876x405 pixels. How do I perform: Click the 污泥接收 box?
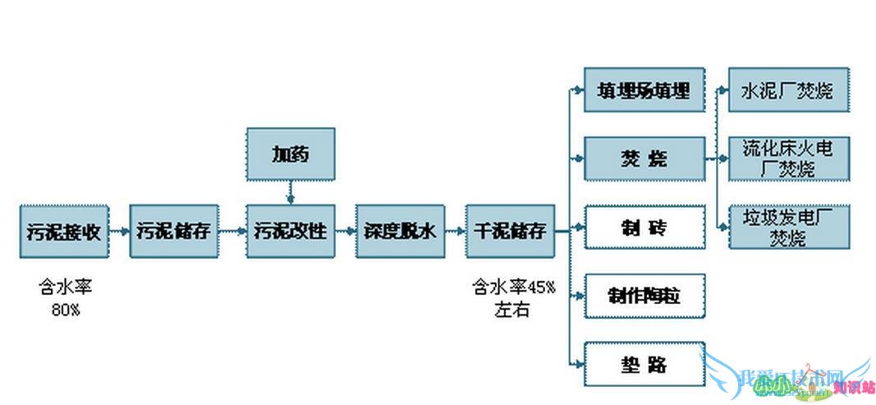tap(63, 231)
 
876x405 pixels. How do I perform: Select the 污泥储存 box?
tap(173, 231)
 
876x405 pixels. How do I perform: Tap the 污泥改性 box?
tap(290, 231)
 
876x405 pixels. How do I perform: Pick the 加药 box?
tap(290, 154)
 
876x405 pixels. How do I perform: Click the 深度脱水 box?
tap(400, 231)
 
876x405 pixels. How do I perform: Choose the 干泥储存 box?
tap(509, 231)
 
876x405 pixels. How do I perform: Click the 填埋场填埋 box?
tap(644, 90)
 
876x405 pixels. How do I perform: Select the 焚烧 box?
tap(644, 158)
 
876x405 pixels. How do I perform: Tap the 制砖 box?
tap(644, 227)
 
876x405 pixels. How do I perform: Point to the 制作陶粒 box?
tap(644, 296)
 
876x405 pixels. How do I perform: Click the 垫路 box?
tap(644, 363)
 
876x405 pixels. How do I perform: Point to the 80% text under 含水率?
tap(62, 309)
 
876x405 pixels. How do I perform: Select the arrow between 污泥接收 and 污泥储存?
tap(118, 231)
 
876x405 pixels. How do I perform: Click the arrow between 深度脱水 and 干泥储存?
tap(455, 231)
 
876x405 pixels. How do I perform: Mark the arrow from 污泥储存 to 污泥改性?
tap(232, 231)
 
